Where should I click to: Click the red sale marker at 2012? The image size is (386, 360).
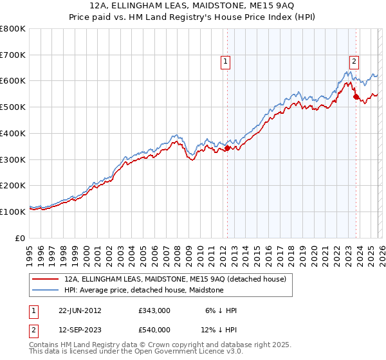227,148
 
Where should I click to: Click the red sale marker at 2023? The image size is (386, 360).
356,97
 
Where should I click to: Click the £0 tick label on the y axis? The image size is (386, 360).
21,237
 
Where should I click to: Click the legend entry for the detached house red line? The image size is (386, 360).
179,279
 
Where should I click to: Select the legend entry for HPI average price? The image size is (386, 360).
143,290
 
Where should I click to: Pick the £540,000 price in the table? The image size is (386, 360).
154,329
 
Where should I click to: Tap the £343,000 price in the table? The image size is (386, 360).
154,310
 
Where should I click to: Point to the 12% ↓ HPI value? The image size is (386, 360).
219,329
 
